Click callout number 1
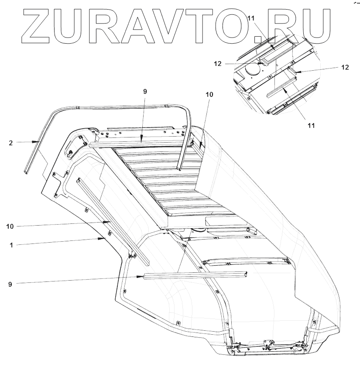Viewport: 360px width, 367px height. point(11,245)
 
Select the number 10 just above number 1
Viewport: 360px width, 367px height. point(10,226)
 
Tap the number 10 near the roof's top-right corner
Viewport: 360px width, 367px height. point(208,94)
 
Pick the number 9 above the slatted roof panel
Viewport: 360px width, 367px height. point(145,92)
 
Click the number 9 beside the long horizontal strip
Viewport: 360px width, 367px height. point(11,284)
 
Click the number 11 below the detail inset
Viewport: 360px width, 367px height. point(311,125)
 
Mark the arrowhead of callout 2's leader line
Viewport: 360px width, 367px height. point(40,142)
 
